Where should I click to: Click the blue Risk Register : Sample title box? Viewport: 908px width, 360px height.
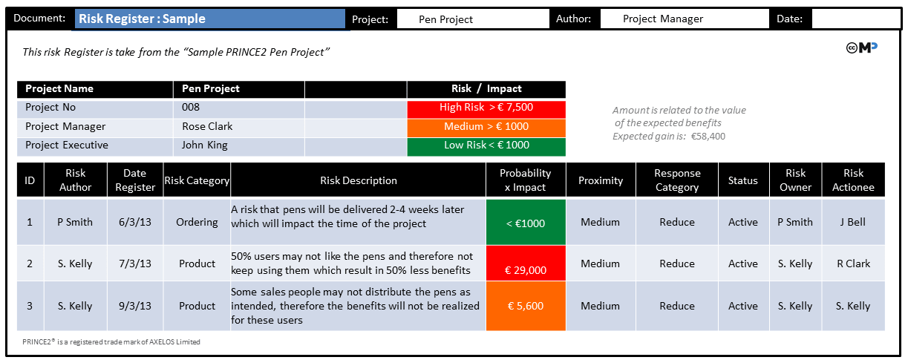[x=209, y=19]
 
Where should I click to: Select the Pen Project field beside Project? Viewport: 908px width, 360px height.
[x=473, y=19]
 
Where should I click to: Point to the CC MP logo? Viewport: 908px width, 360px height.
[x=861, y=48]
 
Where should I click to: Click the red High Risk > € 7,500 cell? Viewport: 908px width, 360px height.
[x=486, y=108]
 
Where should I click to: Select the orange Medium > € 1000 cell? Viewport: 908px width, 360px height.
[x=486, y=127]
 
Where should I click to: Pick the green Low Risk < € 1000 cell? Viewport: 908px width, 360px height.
[x=486, y=145]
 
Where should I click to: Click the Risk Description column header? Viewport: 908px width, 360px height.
[x=358, y=180]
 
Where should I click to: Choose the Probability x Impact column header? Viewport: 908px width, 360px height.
[x=525, y=180]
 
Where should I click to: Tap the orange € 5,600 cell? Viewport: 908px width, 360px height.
[x=526, y=306]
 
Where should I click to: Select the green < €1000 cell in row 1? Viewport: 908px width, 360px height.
[x=526, y=223]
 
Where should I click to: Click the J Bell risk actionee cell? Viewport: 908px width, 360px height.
[x=852, y=222]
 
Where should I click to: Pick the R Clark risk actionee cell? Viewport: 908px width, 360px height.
[x=852, y=264]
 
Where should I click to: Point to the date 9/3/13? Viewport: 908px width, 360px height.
[x=135, y=306]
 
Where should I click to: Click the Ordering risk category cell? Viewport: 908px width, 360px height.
[x=197, y=222]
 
